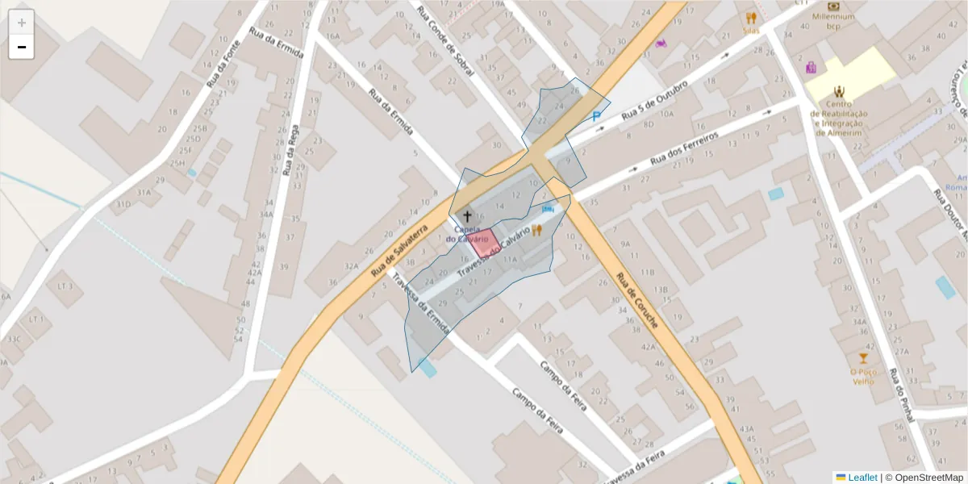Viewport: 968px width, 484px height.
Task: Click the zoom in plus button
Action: pos(22,22)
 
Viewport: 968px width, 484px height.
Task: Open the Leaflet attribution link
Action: pos(862,477)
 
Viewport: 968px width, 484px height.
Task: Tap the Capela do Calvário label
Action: pos(467,234)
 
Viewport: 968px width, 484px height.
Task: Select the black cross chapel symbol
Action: pos(466,216)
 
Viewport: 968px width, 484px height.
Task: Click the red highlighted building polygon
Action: pos(484,243)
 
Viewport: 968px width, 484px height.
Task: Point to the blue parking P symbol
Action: pos(597,116)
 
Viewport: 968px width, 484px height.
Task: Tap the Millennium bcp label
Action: pos(833,21)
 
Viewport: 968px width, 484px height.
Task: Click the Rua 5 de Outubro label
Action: pos(654,103)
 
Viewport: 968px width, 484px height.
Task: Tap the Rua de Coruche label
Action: pos(637,300)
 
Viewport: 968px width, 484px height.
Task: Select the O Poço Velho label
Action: pos(863,376)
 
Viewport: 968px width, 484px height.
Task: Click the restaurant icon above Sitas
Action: pos(751,17)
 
